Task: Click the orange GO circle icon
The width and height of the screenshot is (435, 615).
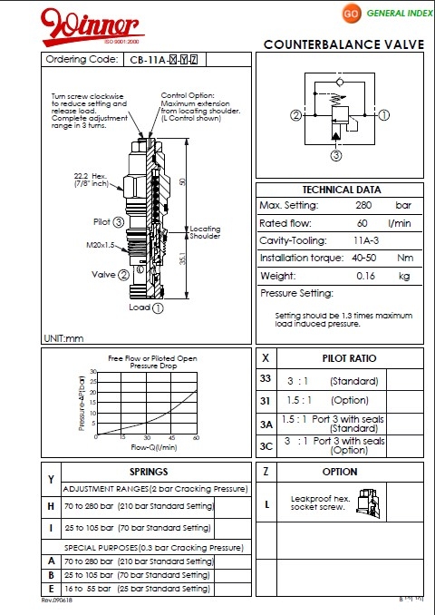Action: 350,15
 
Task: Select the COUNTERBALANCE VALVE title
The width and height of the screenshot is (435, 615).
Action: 342,44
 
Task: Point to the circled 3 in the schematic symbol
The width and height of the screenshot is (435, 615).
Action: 334,155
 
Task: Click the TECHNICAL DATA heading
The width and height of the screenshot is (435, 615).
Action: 341,190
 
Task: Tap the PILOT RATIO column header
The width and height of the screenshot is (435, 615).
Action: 350,358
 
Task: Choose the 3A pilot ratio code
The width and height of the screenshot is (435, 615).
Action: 266,424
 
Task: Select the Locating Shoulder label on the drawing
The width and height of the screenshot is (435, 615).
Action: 205,232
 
